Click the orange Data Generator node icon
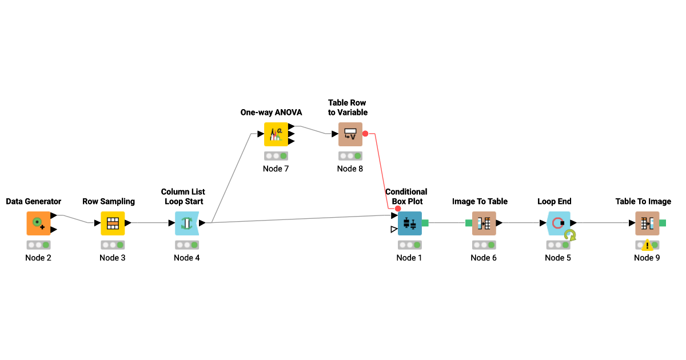38,223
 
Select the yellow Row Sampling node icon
113,223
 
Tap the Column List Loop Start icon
186,223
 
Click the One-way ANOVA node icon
276,134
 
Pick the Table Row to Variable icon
350,134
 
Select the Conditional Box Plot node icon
409,223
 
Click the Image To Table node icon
484,223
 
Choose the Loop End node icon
558,223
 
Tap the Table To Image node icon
647,223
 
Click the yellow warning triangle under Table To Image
647,246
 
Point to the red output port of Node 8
365,134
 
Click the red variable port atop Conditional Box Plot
398,209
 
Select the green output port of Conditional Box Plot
425,223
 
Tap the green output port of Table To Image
663,223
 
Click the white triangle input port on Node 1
394,229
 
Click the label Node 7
276,169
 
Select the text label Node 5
558,258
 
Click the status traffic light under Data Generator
38,245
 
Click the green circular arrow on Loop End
569,235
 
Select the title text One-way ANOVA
271,113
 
